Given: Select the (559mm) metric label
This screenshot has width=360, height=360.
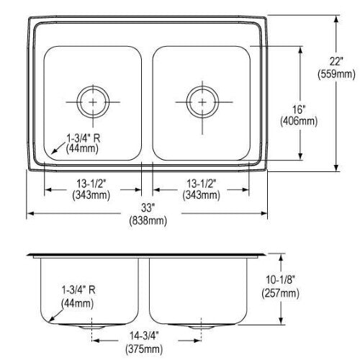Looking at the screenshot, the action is [336, 74].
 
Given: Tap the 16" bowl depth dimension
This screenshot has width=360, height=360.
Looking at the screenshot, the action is [299, 109].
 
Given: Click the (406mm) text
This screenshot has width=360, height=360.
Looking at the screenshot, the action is [299, 121].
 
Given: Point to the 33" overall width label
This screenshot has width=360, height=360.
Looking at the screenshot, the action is [147, 208].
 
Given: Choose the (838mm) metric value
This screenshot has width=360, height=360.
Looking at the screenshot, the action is [148, 220].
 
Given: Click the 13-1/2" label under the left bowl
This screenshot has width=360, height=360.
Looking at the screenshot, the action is [91, 184].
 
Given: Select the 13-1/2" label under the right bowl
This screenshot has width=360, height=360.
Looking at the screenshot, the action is [202, 184].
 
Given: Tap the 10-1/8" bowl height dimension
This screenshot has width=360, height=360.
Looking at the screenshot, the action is [280, 280].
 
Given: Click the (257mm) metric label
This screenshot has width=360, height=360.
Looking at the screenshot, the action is [280, 293].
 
